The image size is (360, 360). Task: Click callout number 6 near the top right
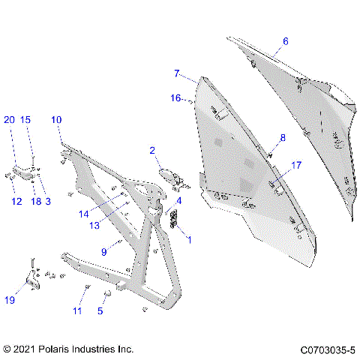tap(285, 41)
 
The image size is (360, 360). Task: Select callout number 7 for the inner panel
tap(177, 73)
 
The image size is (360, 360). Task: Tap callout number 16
tap(175, 97)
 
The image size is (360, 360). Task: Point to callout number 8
tap(283, 137)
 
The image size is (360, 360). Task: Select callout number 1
tap(188, 240)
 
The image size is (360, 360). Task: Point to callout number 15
tap(25, 120)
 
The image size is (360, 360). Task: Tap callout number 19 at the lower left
tap(10, 301)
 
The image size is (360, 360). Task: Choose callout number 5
tap(101, 310)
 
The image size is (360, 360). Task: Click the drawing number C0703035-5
tap(327, 349)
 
